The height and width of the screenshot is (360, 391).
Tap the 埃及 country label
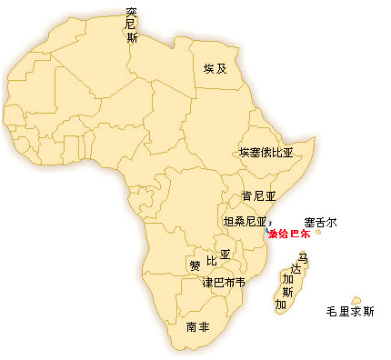214,69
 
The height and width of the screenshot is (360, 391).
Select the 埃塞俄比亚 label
266,153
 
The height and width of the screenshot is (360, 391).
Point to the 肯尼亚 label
258,196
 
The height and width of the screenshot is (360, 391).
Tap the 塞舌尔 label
321,221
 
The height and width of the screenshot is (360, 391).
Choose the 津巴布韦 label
223,282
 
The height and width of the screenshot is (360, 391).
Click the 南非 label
197,325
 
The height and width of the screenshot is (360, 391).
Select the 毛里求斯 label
349,312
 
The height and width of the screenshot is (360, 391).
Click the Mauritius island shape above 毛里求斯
356,299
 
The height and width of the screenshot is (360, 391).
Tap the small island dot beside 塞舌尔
318,232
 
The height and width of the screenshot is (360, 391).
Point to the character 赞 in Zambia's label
195,265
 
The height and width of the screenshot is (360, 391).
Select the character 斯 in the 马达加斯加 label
286,292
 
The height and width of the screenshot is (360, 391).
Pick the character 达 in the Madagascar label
296,270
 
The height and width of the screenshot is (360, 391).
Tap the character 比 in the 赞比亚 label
212,262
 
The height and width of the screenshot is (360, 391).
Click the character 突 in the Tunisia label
133,13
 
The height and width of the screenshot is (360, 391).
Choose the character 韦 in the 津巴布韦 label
239,282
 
